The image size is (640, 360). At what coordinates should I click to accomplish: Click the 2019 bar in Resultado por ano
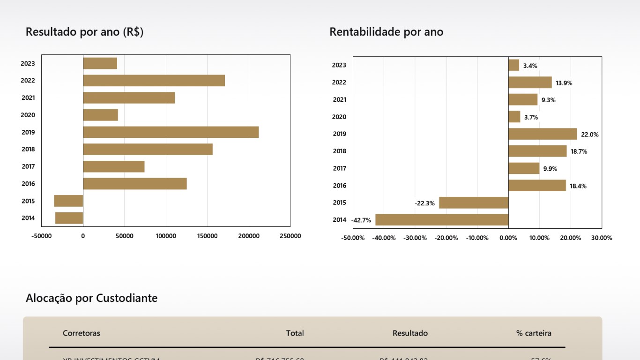[171, 132]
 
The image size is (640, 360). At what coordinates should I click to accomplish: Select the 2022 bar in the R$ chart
[154, 81]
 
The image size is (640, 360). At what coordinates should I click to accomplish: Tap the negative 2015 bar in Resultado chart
[68, 201]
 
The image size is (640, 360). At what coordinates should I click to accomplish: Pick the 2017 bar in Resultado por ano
[114, 166]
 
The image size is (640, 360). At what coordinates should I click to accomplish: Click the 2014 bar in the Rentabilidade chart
[442, 220]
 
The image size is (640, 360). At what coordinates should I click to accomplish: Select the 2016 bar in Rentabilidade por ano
[537, 186]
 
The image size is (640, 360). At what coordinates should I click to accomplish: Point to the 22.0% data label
[589, 135]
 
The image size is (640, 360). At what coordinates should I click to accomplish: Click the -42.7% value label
[361, 220]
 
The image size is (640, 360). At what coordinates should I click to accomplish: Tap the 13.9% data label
[564, 83]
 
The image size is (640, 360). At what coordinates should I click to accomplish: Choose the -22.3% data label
[424, 203]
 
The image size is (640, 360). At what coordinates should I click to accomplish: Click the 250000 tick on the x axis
[290, 236]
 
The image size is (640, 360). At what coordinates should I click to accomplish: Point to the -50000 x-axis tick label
[42, 236]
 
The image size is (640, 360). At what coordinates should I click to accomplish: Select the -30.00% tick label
[415, 238]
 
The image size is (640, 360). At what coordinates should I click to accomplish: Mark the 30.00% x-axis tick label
[602, 238]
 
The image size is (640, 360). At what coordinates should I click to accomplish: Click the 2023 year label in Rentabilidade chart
[339, 65]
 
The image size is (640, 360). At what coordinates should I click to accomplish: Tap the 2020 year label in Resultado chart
[28, 115]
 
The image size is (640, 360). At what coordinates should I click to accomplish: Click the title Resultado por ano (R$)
[84, 32]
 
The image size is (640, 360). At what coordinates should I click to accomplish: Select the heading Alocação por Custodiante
[91, 298]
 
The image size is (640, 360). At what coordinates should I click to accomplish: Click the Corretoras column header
[82, 333]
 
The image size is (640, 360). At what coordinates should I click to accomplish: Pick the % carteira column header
[534, 333]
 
